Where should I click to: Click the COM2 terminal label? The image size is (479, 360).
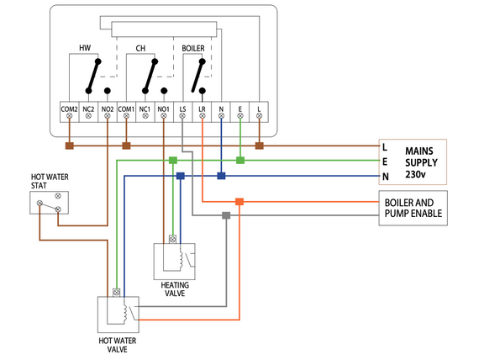click(69, 109)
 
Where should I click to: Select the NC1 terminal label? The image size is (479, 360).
click(145, 109)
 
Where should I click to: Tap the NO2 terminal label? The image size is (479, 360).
click(107, 109)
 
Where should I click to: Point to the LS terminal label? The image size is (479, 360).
click(182, 109)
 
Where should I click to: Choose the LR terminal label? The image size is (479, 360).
click(202, 109)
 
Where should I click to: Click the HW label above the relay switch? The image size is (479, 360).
click(85, 48)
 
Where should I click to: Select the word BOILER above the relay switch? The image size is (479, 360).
click(193, 48)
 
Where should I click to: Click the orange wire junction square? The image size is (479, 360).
click(239, 202)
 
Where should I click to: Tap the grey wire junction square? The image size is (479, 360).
click(225, 215)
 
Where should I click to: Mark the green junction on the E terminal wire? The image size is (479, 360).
click(240, 160)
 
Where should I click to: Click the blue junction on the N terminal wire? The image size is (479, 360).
click(221, 176)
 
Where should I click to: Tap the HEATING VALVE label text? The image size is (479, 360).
click(174, 289)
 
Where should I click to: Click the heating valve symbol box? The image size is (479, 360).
click(174, 262)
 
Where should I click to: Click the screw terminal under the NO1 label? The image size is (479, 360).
click(164, 119)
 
